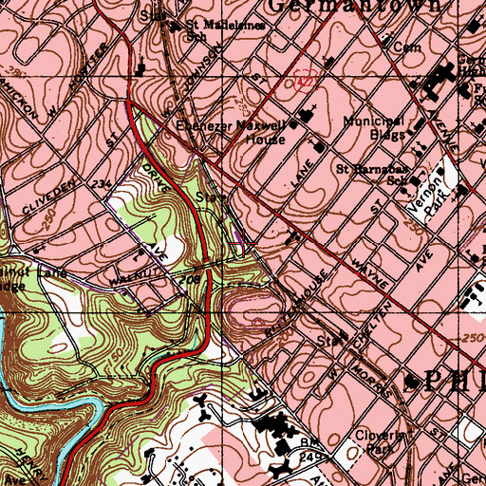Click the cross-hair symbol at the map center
243,243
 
